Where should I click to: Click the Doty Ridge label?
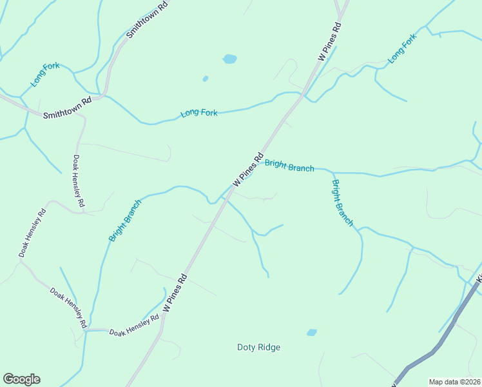258,347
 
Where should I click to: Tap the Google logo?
21,379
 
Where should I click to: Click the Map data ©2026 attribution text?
454,382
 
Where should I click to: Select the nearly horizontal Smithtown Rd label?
67,108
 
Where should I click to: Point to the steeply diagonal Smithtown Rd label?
147,19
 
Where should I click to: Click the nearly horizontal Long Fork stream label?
199,113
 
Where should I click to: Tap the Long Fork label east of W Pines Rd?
403,48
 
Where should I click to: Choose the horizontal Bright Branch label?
289,166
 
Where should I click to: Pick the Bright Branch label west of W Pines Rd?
125,220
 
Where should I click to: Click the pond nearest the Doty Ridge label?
312,333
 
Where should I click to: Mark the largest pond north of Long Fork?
229,59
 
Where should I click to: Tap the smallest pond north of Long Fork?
206,79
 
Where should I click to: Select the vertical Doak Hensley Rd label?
79,181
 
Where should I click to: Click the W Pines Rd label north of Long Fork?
329,42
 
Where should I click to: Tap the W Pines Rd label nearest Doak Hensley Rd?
175,293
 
